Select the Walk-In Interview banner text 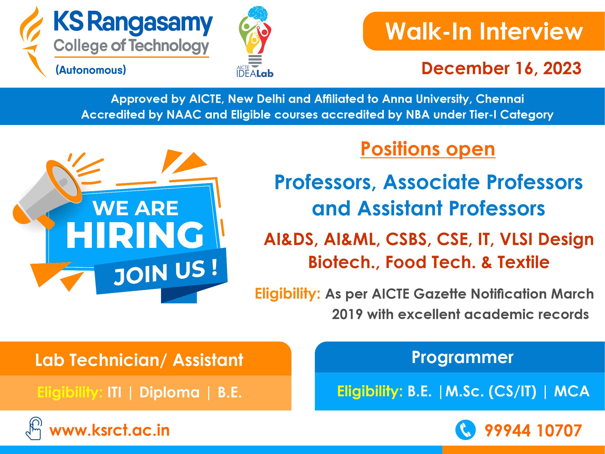(484, 32)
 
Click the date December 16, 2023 (501, 68)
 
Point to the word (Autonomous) (91, 70)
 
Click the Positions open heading (428, 149)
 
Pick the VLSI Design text (547, 239)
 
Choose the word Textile (524, 262)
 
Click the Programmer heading (462, 357)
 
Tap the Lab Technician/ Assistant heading (139, 360)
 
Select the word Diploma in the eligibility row (169, 393)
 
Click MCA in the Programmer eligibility (571, 391)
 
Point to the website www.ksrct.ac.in (109, 430)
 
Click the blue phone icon (465, 430)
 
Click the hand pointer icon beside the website (34, 429)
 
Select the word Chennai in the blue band (500, 99)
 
